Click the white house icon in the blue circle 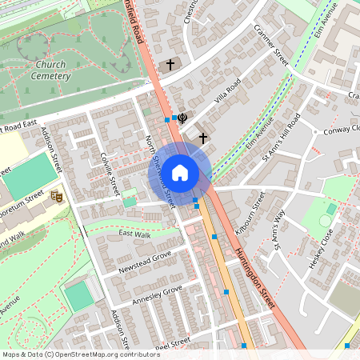180,172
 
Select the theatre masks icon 57,195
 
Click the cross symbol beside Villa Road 202,138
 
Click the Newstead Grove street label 145,262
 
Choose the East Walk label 134,234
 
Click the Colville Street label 110,172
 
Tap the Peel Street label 170,342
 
